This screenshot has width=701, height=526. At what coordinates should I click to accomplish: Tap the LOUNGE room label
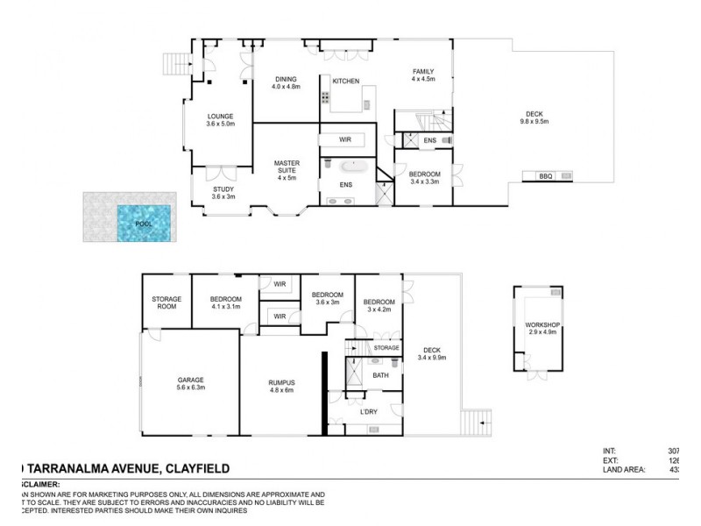pyautogui.click(x=220, y=116)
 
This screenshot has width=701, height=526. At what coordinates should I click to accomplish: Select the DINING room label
pyautogui.click(x=286, y=77)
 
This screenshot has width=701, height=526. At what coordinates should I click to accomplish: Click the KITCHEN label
pyautogui.click(x=345, y=82)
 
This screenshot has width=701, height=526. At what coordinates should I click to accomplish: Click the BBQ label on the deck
pyautogui.click(x=546, y=177)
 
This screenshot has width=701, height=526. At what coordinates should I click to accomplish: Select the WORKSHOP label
pyautogui.click(x=542, y=325)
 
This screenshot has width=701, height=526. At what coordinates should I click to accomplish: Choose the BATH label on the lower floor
pyautogui.click(x=380, y=375)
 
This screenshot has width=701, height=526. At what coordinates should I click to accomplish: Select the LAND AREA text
pyautogui.click(x=620, y=470)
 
